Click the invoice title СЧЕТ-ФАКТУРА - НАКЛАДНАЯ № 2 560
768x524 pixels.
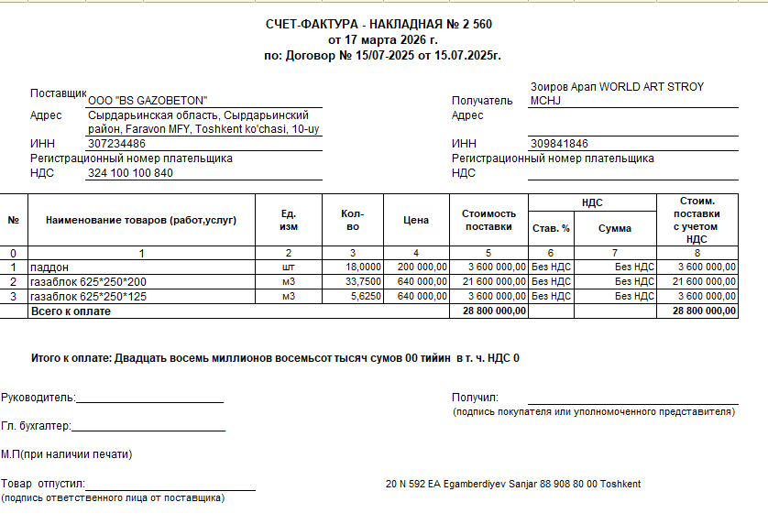click(383, 23)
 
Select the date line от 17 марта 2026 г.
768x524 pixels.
click(383, 39)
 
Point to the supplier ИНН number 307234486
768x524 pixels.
click(116, 144)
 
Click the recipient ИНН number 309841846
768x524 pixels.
click(559, 144)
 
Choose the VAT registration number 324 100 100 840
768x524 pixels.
click(130, 173)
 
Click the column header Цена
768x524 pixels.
click(416, 220)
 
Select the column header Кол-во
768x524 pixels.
click(352, 220)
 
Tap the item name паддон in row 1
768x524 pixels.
click(50, 267)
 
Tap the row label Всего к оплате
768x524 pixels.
click(71, 311)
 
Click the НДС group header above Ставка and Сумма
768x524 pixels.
click(592, 202)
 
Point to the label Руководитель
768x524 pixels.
click(38, 398)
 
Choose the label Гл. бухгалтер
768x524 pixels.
click(36, 426)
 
